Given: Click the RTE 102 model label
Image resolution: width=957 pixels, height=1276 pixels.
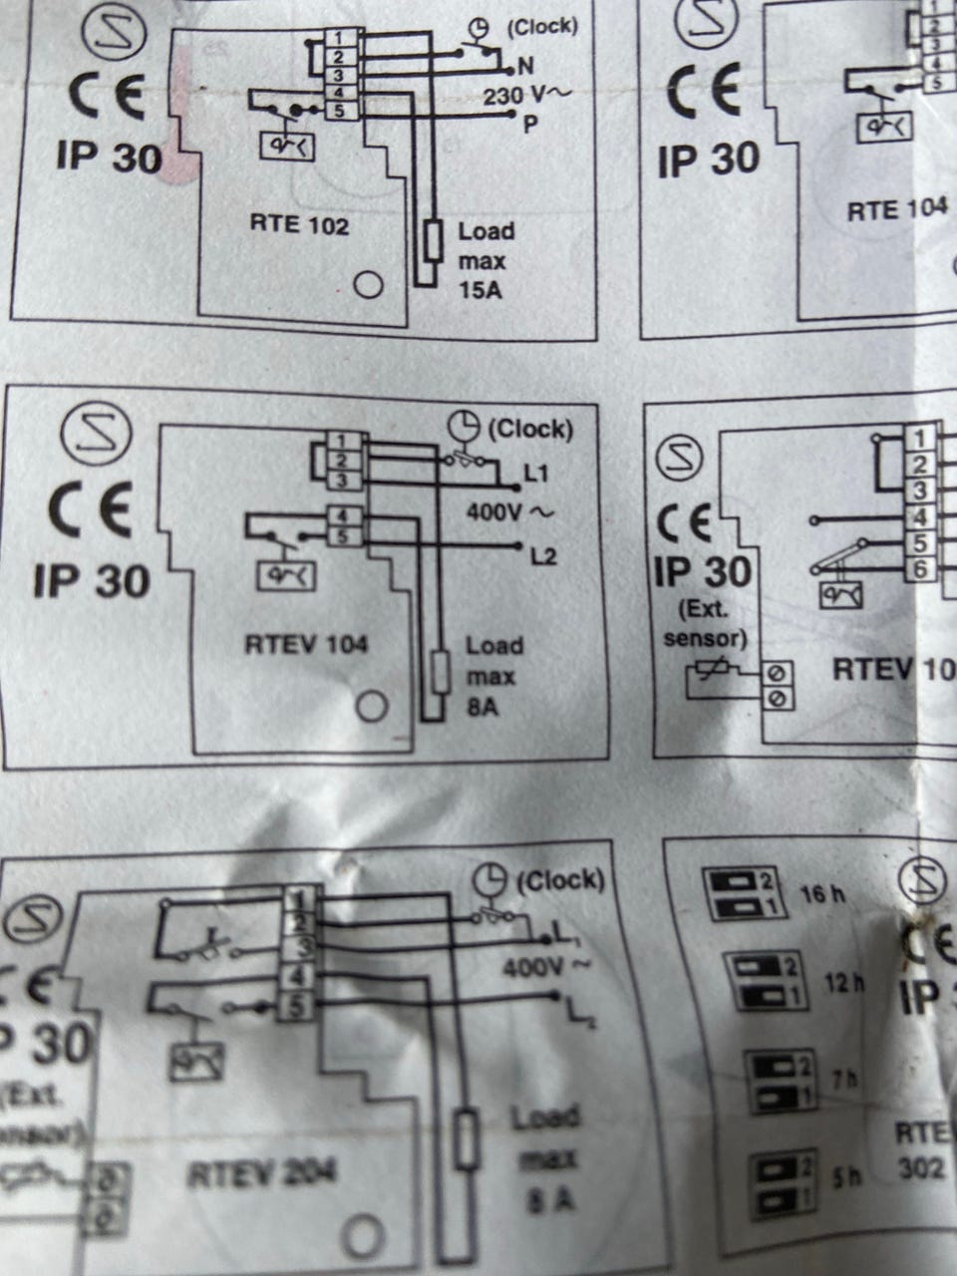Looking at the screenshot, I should (299, 225).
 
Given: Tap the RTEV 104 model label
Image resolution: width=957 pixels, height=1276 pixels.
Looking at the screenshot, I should (306, 645).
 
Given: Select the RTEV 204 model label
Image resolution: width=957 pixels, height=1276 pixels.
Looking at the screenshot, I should (262, 1173).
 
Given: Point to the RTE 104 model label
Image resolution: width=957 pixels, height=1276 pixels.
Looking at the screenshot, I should (896, 211).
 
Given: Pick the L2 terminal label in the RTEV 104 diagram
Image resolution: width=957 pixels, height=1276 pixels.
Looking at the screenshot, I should (543, 556).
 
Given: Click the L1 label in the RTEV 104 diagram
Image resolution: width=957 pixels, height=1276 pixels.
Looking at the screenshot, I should (536, 473).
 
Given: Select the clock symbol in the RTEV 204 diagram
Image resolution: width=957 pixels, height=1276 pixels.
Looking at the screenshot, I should (490, 880).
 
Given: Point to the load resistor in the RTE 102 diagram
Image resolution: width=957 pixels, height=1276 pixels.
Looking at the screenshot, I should (433, 241).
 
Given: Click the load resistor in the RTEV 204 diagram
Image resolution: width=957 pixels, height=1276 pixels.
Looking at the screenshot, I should (467, 1138).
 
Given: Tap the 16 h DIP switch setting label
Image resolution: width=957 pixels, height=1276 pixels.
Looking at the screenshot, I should (822, 893).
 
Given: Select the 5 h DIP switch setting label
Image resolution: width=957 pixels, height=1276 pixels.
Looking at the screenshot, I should (845, 1177).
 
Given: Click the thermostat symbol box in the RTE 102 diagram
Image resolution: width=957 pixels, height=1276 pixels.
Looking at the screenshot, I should (287, 147).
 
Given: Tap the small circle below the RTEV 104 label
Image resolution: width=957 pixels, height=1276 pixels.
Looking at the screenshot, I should (372, 708).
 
